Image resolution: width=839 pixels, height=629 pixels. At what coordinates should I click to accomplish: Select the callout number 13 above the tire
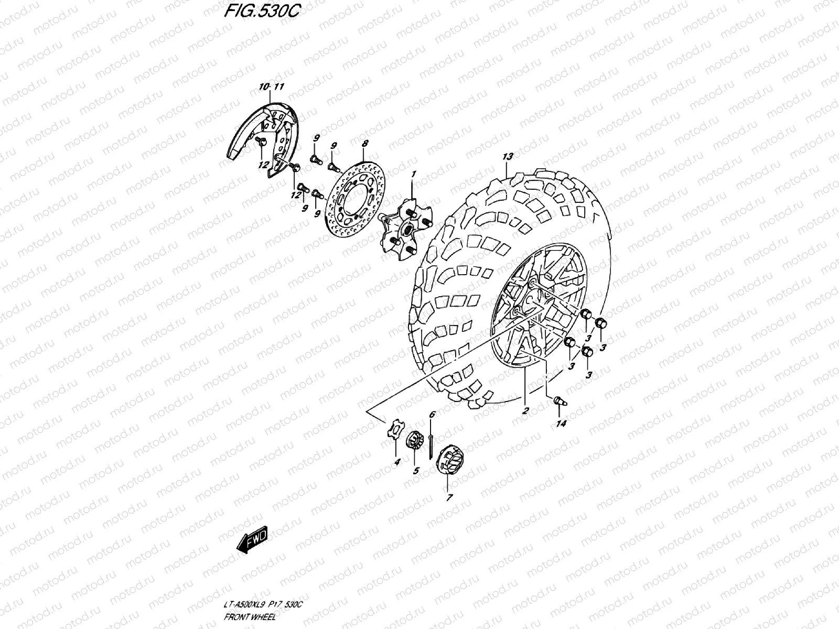pos(507,156)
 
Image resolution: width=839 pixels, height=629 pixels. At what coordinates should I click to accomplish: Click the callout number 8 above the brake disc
pos(365,143)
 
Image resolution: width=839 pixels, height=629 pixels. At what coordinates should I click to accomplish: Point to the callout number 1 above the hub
pos(413,173)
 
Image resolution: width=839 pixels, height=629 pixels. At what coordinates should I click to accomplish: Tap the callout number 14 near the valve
pos(561,424)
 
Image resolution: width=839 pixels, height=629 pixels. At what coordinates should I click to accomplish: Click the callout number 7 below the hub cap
pos(449,498)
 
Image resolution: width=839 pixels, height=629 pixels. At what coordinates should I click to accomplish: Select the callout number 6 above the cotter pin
pos(432,415)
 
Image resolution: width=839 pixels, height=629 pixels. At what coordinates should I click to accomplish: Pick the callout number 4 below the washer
pos(397,462)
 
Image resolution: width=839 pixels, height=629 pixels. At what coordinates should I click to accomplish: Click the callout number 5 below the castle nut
pos(416,471)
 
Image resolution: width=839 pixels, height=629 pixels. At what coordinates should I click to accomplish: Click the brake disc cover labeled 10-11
pos(262,136)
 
